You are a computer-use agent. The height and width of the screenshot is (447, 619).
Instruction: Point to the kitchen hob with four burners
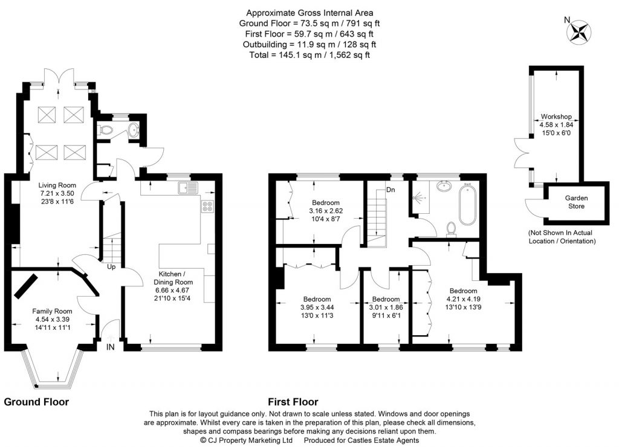207,207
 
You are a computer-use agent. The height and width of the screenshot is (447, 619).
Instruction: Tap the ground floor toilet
107,129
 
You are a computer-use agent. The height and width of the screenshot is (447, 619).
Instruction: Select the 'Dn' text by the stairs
391,190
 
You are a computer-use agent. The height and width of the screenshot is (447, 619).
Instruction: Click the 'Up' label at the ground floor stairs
112,266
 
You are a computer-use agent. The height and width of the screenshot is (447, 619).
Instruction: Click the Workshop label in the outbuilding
556,116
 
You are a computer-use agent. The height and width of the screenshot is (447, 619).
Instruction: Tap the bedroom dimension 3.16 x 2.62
326,211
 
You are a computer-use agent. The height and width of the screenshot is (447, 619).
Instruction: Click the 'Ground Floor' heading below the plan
36,402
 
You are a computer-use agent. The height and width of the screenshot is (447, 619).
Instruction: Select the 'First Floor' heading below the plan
293,402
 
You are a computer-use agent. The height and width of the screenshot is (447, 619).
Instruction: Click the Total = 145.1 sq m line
309,54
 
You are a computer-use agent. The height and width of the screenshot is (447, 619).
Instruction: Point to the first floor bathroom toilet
450,228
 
